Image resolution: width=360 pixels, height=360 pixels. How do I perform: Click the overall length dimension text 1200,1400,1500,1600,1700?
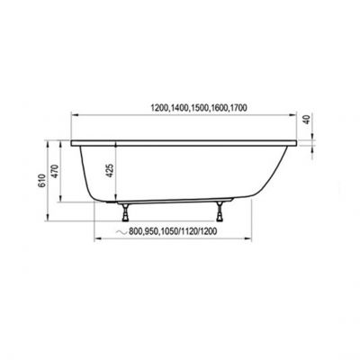click(x=186, y=107)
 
